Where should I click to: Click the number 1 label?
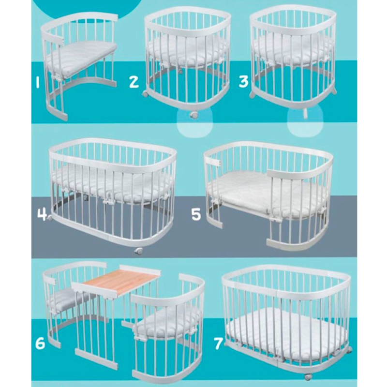37,82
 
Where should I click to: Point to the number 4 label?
43,213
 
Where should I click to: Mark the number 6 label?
40,343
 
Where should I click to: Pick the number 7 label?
219,343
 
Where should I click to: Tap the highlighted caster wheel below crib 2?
194,115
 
